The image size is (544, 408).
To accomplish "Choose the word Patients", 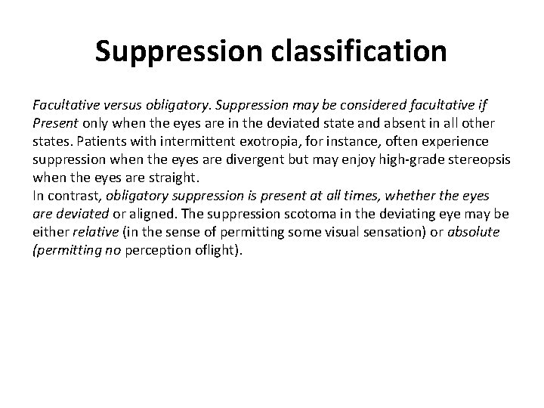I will pos(98,141).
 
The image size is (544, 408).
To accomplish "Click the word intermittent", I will pos(181,141).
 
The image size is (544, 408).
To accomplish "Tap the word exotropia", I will pos(253,141).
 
